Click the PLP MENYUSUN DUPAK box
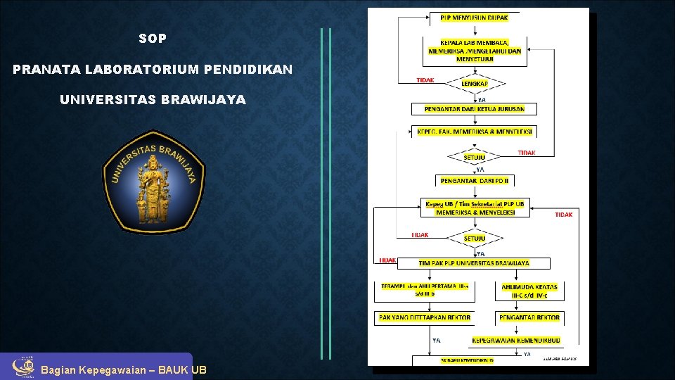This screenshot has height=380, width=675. (x=479, y=17)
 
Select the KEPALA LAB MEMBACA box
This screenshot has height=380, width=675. (x=475, y=51)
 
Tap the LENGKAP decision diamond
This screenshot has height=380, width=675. (x=475, y=84)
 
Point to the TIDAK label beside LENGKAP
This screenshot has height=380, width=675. (x=425, y=80)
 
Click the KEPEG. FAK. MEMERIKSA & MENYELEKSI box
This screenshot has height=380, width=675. (x=475, y=132)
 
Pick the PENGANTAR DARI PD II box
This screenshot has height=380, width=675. (x=475, y=181)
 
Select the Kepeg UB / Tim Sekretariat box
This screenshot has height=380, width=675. (x=475, y=208)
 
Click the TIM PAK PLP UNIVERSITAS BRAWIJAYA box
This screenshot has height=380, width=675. (x=475, y=263)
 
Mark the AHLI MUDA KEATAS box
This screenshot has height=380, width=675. (x=529, y=290)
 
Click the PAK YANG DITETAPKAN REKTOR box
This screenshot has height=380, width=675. (x=424, y=317)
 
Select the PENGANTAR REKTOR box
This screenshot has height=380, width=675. (x=529, y=317)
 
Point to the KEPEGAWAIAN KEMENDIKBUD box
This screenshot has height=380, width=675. (x=515, y=340)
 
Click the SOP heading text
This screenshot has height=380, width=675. (x=153, y=39)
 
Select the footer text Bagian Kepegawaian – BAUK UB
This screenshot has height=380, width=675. (x=124, y=370)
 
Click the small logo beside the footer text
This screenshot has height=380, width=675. (x=22, y=367)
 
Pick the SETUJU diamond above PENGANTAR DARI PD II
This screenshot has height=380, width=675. (x=475, y=158)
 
